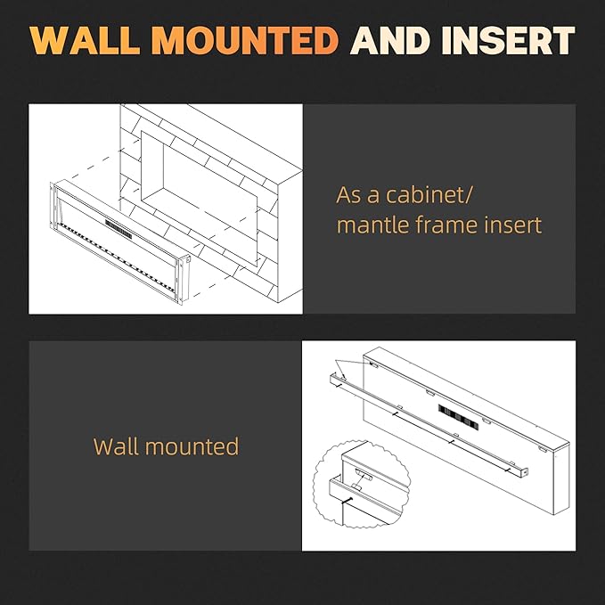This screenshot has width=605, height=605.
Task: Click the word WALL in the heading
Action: pyautogui.click(x=85, y=40)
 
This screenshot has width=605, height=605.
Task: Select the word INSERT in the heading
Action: pyautogui.click(x=508, y=40)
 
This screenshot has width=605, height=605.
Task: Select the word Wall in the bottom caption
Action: pyautogui.click(x=116, y=446)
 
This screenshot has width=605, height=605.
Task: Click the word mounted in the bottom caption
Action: pyautogui.click(x=192, y=446)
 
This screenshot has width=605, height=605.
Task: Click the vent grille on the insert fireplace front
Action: pyautogui.click(x=119, y=230)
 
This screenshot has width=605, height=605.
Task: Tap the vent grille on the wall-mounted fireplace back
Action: pyautogui.click(x=458, y=417)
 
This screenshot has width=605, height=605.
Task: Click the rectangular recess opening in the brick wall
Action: pyautogui.click(x=199, y=198)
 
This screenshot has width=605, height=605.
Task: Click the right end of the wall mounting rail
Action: pyautogui.click(x=525, y=471)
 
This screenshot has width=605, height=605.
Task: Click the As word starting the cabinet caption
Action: pyautogui.click(x=350, y=195)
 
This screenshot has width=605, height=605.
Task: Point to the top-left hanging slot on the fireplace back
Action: pyautogui.click(x=373, y=364)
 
